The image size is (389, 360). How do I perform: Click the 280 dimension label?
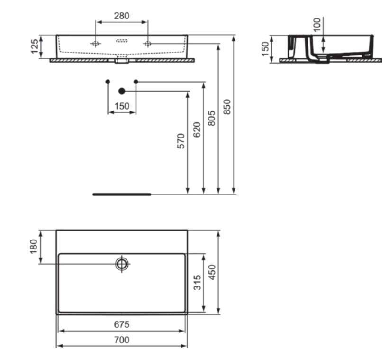pyautogui.click(x=122, y=16)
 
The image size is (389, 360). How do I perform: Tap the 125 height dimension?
pyautogui.click(x=35, y=46)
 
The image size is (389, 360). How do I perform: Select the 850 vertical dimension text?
pyautogui.click(x=227, y=107)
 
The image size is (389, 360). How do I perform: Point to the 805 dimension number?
pyautogui.click(x=211, y=118)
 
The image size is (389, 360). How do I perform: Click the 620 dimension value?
pyautogui.click(x=197, y=129)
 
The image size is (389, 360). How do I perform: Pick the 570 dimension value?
pyautogui.click(x=181, y=141)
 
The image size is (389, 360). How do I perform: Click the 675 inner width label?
pyautogui.click(x=122, y=324)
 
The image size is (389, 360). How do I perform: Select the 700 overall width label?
pyautogui.click(x=122, y=340)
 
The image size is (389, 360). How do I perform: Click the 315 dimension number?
pyautogui.click(x=197, y=283)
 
